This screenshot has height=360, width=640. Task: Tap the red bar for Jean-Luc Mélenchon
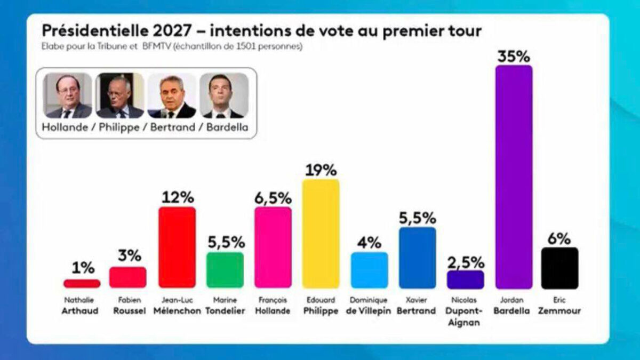point(177,247)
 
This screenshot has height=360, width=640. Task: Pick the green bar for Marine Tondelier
point(225,270)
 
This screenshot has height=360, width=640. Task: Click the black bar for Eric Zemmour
point(559,268)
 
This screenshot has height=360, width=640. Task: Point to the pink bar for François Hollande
point(273,247)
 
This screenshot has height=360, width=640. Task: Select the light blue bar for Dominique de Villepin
point(369,270)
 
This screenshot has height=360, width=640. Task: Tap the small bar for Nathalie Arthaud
point(82,283)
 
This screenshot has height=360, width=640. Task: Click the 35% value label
point(513,57)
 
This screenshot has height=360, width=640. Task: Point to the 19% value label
point(321,170)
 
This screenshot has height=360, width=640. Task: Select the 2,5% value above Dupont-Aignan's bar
point(466,262)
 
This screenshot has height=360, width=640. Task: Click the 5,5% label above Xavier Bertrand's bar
point(417,218)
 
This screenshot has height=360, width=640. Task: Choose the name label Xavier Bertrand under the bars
point(417,306)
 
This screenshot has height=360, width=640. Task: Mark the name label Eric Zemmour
point(559,306)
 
